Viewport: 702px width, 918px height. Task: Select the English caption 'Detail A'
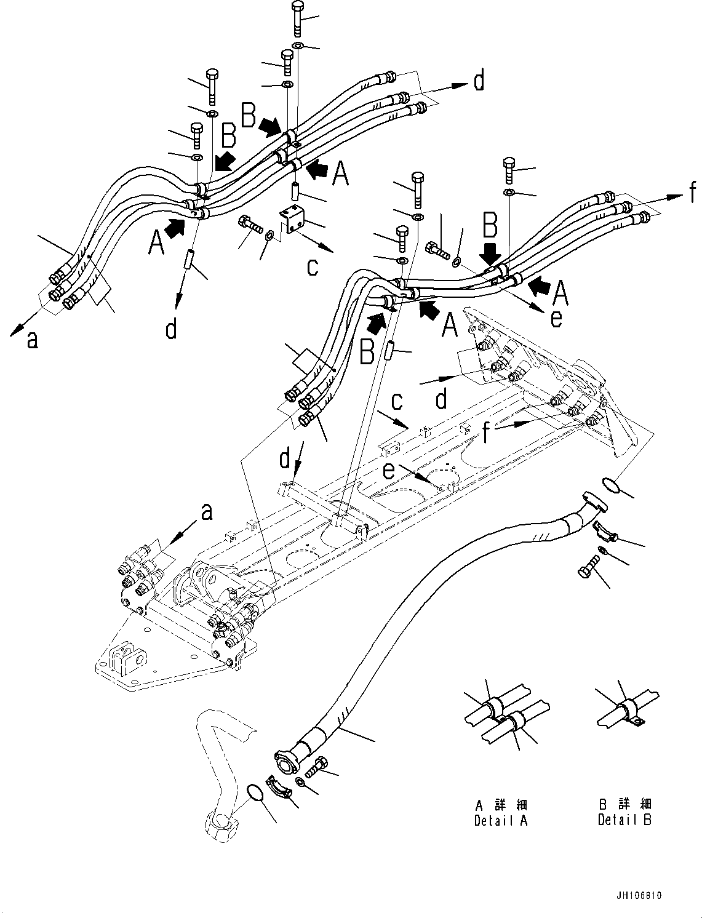[x=501, y=820]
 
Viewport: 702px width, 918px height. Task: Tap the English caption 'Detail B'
[x=624, y=820]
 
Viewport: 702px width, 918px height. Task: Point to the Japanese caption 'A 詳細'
[x=501, y=805]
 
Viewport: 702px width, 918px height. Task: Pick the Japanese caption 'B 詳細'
[x=624, y=805]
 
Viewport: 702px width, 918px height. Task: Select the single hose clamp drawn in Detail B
[x=629, y=712]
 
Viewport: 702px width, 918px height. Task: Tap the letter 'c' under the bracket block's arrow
[x=313, y=268]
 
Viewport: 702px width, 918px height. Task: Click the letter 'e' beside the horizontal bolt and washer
[x=556, y=318]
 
